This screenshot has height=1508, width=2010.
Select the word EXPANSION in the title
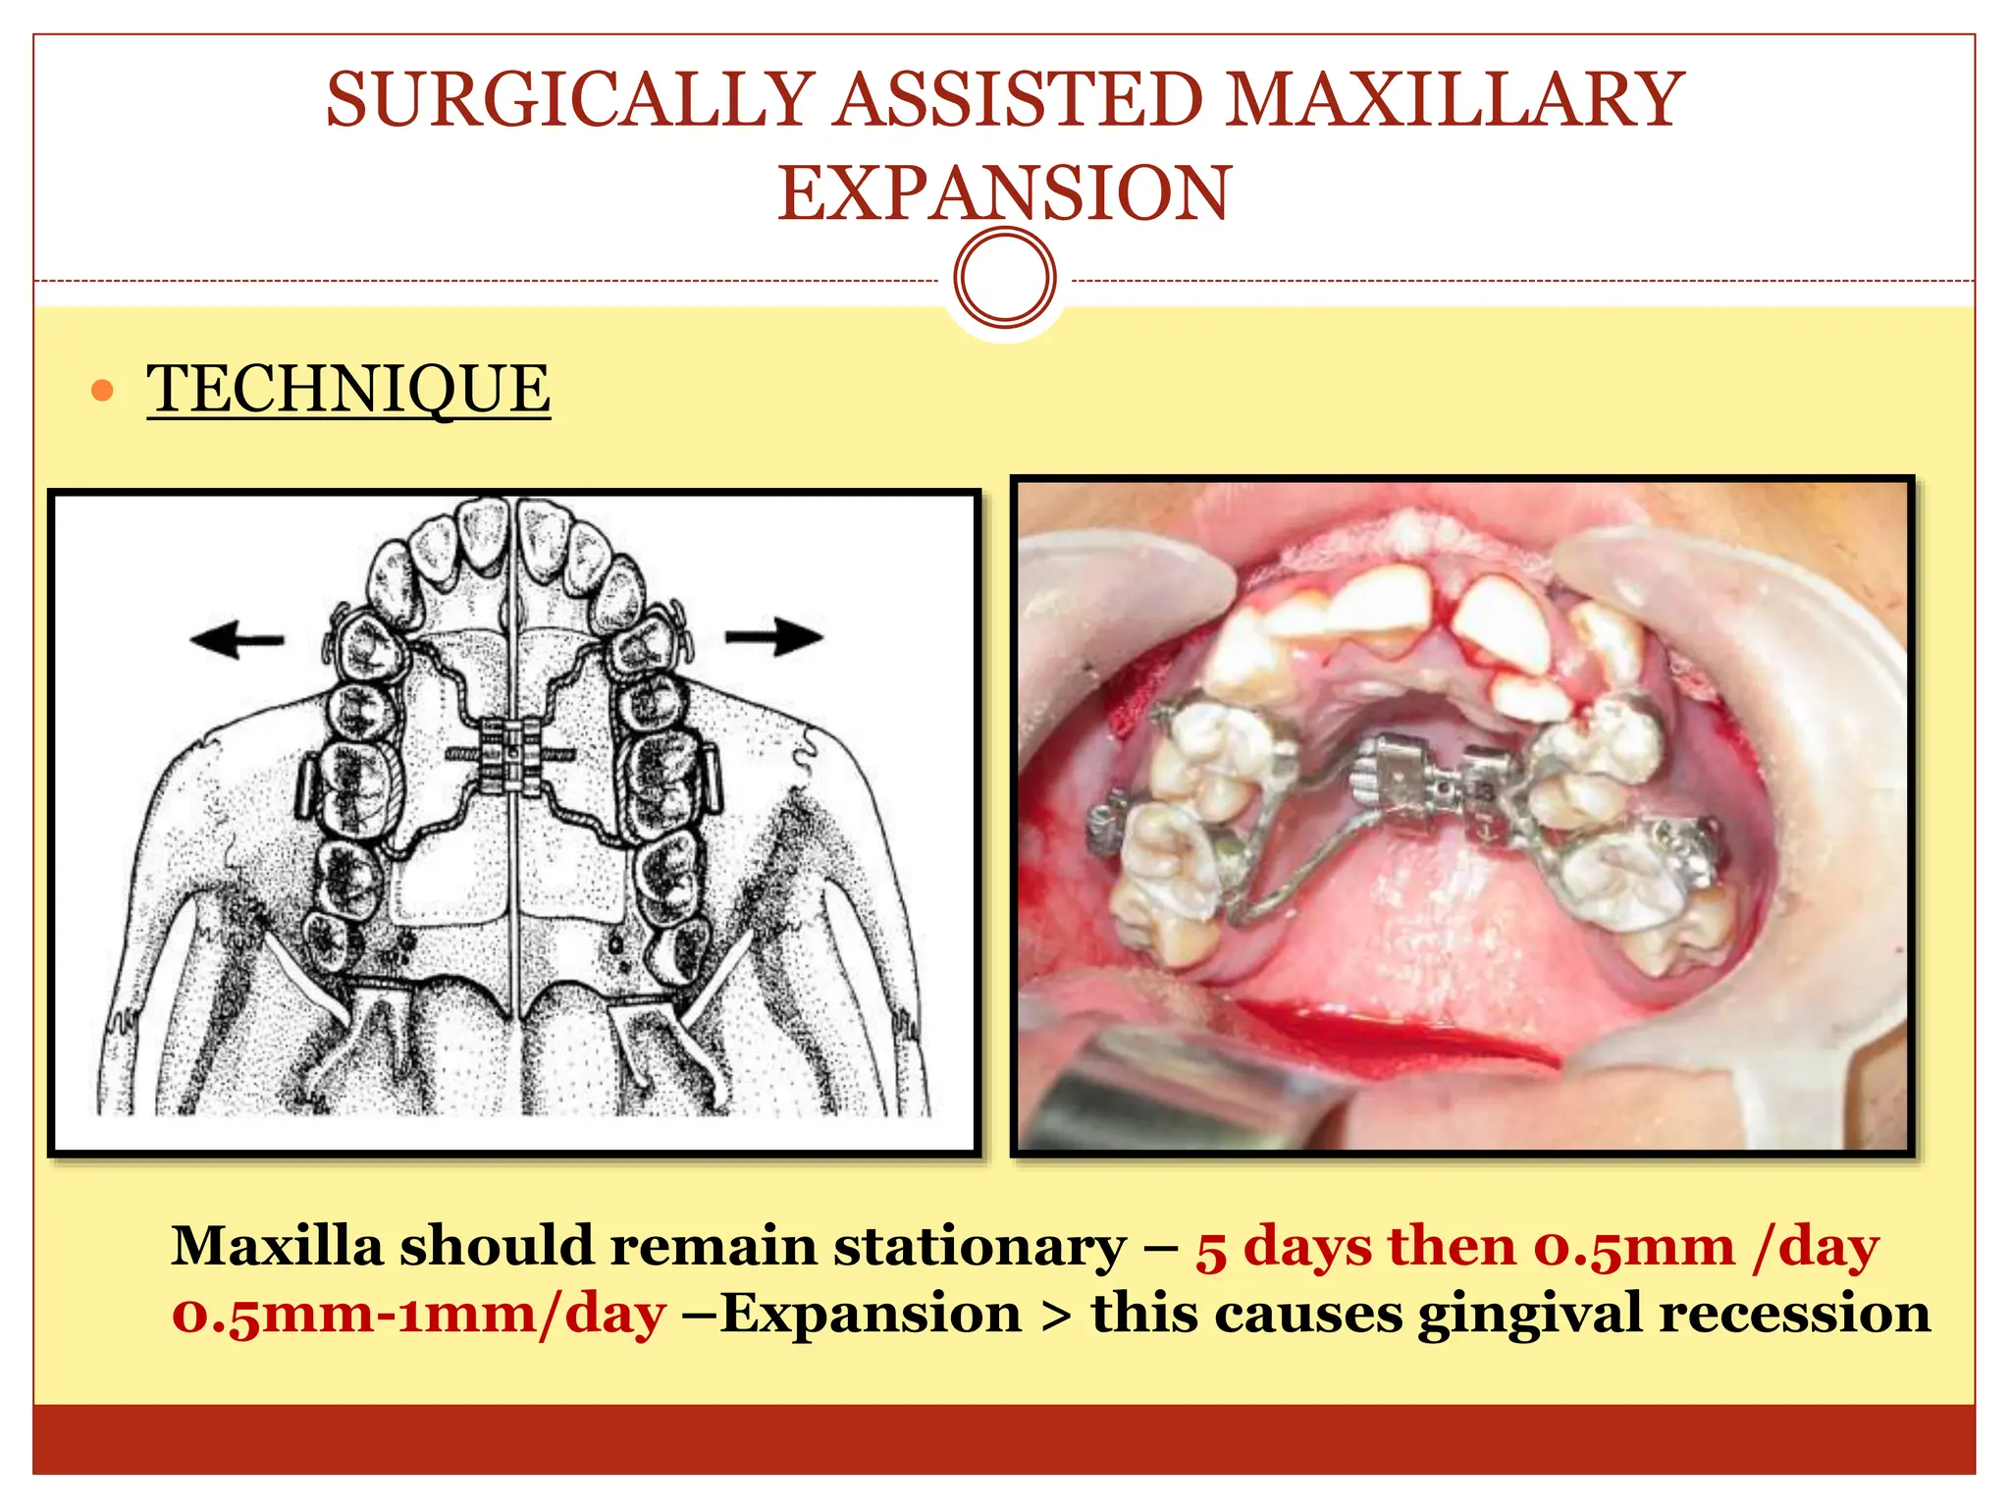pyautogui.click(x=1003, y=192)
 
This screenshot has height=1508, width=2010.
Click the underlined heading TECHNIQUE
pyautogui.click(x=348, y=389)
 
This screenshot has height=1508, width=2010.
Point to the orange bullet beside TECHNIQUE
pyautogui.click(x=102, y=392)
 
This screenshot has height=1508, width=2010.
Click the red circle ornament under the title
pyautogui.click(x=1004, y=278)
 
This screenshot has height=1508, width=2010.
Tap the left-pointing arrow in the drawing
pyautogui.click(x=237, y=641)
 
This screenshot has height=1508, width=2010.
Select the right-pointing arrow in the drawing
pyautogui.click(x=774, y=636)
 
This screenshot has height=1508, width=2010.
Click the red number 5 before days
pyautogui.click(x=1211, y=1249)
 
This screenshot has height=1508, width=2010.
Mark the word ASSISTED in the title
pyautogui.click(x=1019, y=100)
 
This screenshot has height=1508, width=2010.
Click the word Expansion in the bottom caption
pyautogui.click(x=871, y=1315)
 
